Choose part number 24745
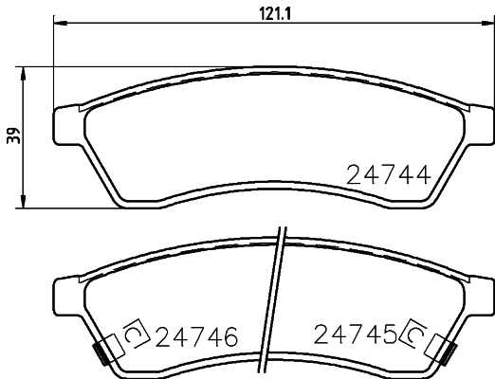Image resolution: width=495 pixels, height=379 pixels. pos(353,335)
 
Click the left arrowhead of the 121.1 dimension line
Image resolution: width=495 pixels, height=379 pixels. pos(53,21)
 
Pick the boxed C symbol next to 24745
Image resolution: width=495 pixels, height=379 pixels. pos(414,334)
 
